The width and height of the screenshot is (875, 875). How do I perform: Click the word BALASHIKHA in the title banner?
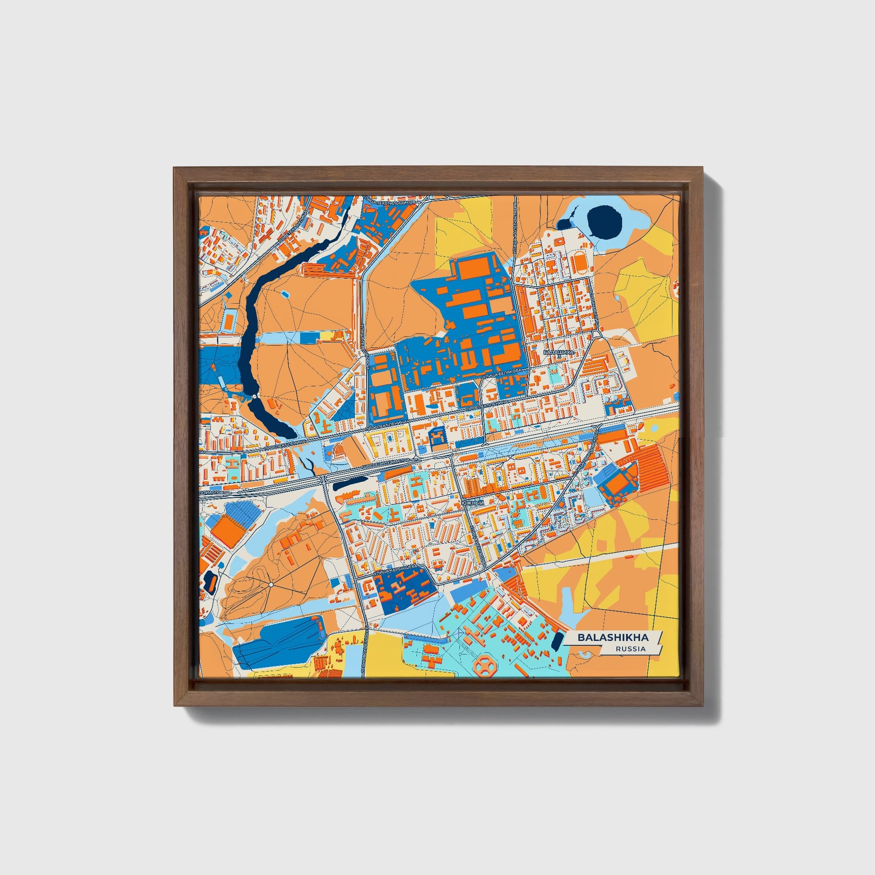click(x=612, y=637)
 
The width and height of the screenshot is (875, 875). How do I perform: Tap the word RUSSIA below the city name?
click(x=630, y=648)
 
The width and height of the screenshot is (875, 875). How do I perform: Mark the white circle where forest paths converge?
click(x=270, y=585)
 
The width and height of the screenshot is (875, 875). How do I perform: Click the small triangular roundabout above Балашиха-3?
click(x=597, y=334)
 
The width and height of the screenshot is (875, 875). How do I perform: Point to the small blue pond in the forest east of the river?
click(x=284, y=295)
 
